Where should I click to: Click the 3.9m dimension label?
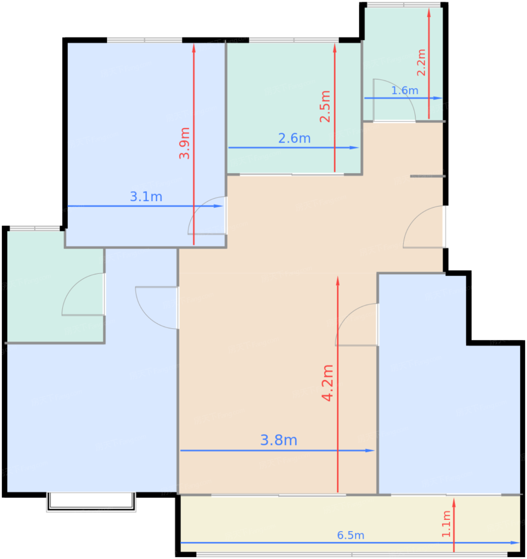pos(185,143)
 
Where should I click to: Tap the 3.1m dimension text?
pos(146,196)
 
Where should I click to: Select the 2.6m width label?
pos(294,138)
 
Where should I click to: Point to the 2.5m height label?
pos(325,106)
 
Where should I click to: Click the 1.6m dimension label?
pos(405,90)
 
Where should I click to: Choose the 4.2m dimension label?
pos(327,383)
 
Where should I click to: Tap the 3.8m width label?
pos(278,440)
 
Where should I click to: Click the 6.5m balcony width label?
pos(351,535)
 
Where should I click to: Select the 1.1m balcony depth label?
pos(446,524)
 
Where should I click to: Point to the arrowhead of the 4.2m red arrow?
pos(338,281)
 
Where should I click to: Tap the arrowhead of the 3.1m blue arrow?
pos(218,206)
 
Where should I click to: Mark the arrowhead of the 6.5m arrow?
pos(515,543)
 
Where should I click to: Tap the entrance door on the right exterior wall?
pos(425,227)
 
